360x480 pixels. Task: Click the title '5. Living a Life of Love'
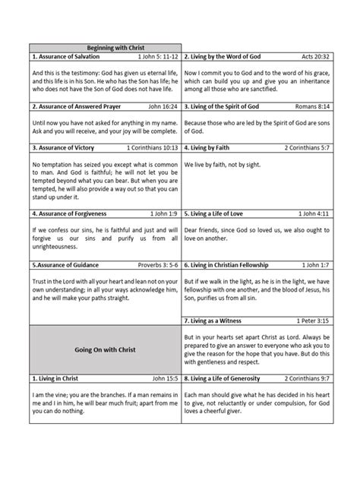(223, 214)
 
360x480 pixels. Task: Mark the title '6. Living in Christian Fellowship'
(235, 267)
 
